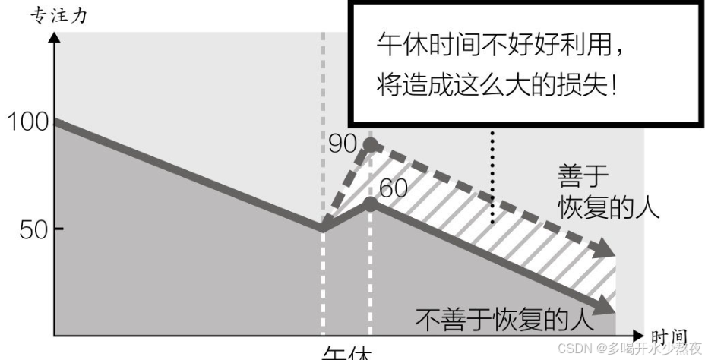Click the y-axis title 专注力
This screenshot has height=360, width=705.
point(58,16)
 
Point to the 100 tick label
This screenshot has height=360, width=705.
point(27,122)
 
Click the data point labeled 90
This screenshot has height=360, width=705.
point(370,144)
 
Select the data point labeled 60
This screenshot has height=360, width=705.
point(370,204)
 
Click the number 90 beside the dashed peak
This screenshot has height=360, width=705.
point(343,141)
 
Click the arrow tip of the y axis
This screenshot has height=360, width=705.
point(55,36)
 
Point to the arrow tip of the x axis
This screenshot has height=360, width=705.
point(640,334)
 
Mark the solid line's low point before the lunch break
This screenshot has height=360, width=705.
point(323,226)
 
